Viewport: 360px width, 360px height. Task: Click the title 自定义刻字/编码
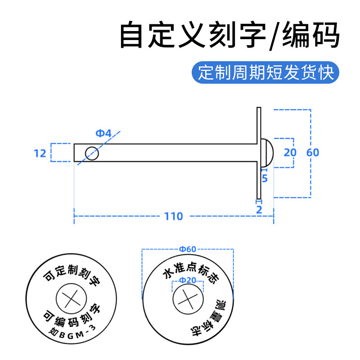pyautogui.click(x=229, y=36)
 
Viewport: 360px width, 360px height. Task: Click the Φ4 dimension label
pyautogui.click(x=103, y=133)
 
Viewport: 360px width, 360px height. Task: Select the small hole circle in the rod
pyautogui.click(x=92, y=153)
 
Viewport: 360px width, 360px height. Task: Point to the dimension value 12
pyautogui.click(x=40, y=153)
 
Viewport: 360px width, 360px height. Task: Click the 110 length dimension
pyautogui.click(x=174, y=216)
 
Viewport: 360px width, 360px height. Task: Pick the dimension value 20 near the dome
pyautogui.click(x=290, y=153)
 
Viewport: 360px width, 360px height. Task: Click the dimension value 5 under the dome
pyautogui.click(x=265, y=179)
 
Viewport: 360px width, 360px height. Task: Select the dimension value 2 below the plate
pyautogui.click(x=259, y=209)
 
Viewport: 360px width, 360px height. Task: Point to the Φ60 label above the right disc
pyautogui.click(x=188, y=249)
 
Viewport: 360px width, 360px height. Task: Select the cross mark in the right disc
pyautogui.click(x=188, y=300)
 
